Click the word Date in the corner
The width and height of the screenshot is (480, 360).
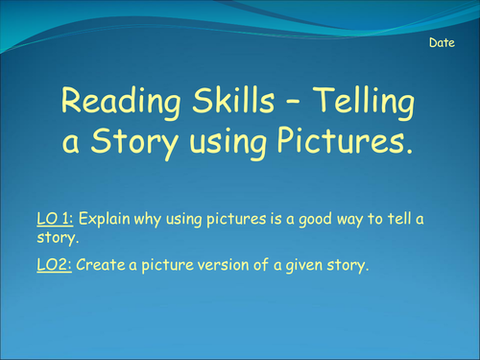(x=443, y=44)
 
